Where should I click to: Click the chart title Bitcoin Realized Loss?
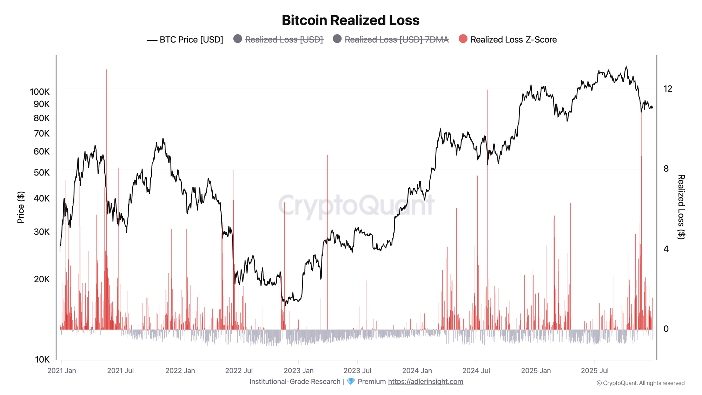tap(350, 20)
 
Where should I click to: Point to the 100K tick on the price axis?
tap(40, 92)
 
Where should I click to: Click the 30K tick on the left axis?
tap(41, 232)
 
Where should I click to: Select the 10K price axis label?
tap(42, 360)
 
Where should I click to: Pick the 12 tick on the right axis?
tap(668, 89)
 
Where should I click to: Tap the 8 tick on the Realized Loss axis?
tap(666, 169)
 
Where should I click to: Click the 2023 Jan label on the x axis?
tap(298, 371)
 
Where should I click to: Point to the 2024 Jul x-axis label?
tap(476, 371)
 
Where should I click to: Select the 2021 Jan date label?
tap(62, 371)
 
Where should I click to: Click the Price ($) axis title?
tap(21, 208)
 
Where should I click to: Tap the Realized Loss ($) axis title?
tap(681, 207)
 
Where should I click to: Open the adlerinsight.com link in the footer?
tap(425, 382)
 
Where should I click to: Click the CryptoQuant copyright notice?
tap(640, 383)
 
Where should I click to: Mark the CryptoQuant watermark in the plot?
tap(356, 205)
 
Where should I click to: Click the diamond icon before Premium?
tap(350, 382)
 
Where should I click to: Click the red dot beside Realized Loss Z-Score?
tap(463, 39)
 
